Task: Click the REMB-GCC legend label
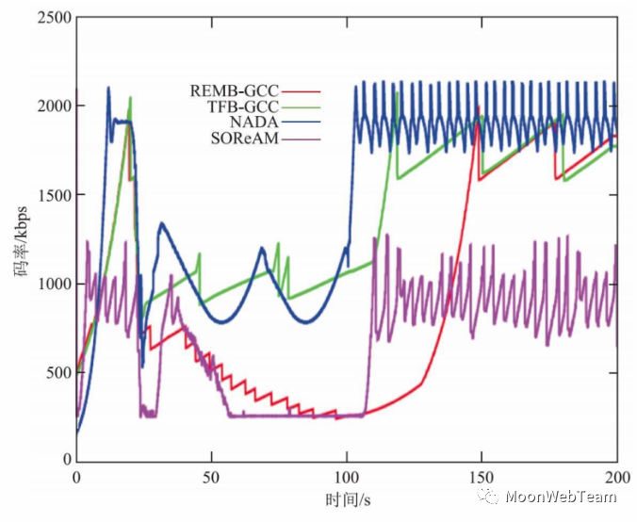(x=242, y=91)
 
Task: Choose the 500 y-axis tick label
(x=53, y=372)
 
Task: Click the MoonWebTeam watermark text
(x=565, y=497)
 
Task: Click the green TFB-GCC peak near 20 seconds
(x=130, y=98)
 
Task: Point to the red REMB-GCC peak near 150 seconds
(x=479, y=108)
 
